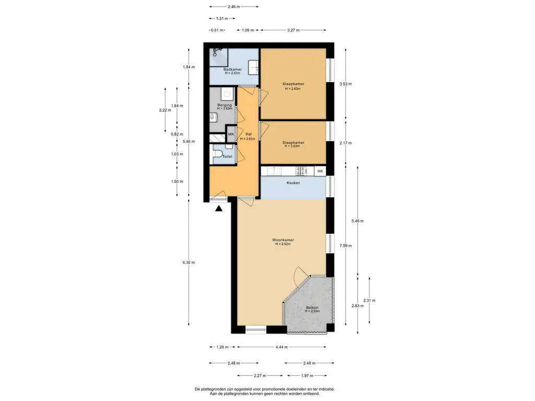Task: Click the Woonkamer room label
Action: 283,240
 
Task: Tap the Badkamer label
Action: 232,69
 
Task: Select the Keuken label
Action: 293,183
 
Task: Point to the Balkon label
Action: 312,308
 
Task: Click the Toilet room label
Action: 227,157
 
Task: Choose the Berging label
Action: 225,105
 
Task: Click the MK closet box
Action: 231,134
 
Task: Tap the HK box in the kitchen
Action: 320,171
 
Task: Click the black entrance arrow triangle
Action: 219,208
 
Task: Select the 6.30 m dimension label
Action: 189,263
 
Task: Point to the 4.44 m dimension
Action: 282,347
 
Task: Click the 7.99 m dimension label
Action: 346,245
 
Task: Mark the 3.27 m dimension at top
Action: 294,30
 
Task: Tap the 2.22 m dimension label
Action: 165,110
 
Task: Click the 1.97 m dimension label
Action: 307,376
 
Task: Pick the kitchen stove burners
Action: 301,171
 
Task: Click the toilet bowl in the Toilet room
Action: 217,156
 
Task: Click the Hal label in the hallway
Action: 248,134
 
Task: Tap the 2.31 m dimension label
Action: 369,300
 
